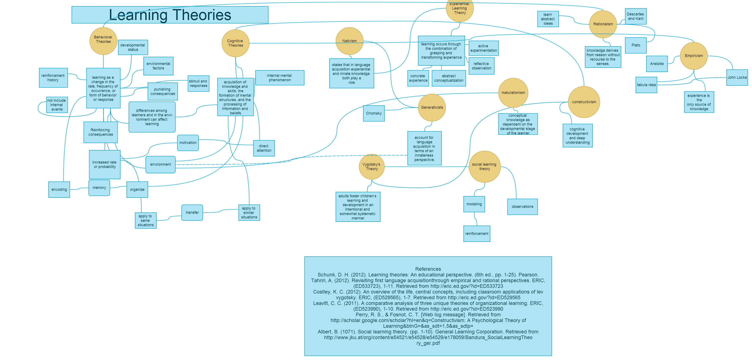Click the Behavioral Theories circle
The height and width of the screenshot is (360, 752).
103,41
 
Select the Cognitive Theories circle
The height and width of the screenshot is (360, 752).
235,43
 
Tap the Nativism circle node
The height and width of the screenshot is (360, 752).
349,41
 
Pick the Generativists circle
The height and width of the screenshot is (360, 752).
432,107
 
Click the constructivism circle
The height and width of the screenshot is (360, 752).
584,102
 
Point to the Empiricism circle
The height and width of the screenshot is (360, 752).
694,56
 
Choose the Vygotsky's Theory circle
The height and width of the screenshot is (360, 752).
371,166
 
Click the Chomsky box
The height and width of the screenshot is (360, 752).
374,113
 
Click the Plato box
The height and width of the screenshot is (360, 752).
636,45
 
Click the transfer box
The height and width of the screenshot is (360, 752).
192,212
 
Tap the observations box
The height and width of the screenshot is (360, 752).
522,207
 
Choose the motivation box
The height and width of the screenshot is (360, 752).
188,143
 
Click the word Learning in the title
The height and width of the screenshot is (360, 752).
138,15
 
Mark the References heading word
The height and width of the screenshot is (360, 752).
428,269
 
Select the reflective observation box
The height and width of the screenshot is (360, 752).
481,66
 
